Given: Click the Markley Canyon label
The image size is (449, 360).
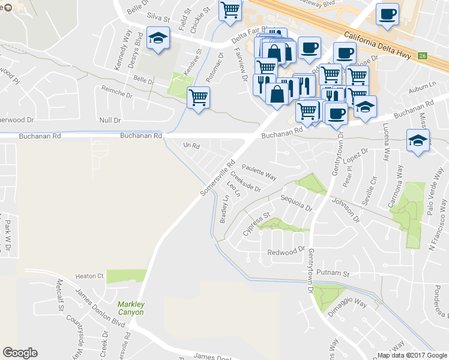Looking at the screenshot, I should coord(130,308).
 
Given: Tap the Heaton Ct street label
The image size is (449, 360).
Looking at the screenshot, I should coord(89,276).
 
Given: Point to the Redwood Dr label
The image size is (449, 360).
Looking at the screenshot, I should coord(286,252).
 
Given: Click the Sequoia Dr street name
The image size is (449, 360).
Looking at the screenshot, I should coord(298,203).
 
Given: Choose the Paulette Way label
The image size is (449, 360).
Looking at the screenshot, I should coord(259,173).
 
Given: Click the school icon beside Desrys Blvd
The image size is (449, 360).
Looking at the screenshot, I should coord(158,38).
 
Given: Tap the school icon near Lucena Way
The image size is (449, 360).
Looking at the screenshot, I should coord(417,140).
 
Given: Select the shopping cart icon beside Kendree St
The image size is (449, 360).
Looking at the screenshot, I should coord(198,97).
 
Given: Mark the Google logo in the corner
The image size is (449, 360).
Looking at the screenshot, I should coord(20,353).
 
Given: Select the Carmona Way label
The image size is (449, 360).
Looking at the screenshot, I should coord(396,193).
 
